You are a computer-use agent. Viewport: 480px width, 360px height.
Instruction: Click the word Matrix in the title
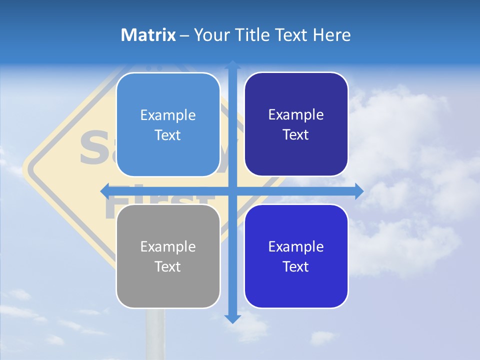point(148,35)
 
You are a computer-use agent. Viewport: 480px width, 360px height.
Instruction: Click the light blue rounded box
point(168,125)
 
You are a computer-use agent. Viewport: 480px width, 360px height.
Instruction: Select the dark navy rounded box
point(296,124)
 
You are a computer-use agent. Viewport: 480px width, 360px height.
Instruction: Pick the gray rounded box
point(168,256)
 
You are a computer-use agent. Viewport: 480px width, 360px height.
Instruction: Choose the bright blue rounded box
point(296,256)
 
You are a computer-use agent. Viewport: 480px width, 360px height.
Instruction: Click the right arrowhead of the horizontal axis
point(358,191)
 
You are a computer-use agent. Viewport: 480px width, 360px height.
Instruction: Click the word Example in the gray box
point(168,246)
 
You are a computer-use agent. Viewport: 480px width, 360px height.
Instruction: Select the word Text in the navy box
point(296,135)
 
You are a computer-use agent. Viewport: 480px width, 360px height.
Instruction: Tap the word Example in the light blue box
point(168,115)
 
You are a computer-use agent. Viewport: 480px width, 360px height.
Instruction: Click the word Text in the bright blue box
point(296,266)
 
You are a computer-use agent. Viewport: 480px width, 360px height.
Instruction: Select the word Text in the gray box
point(168,266)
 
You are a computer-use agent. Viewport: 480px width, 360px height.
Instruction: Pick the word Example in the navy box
point(296,115)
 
